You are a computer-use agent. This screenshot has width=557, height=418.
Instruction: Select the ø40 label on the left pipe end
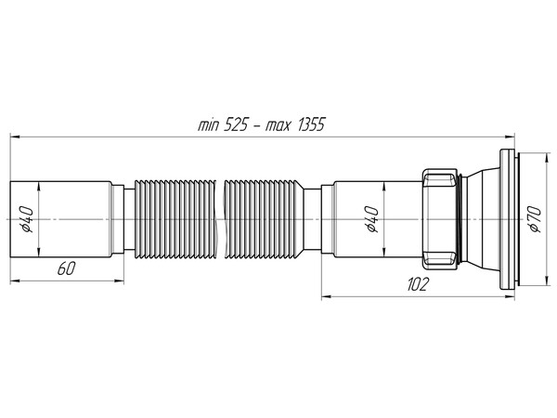tap(27, 221)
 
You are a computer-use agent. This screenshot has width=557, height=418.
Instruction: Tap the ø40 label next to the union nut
tap(372, 220)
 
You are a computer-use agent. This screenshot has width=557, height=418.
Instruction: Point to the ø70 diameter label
tap(532, 221)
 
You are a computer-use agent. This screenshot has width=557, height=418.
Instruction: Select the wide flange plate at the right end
tap(509, 220)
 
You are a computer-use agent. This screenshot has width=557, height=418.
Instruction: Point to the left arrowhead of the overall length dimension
tap(15, 137)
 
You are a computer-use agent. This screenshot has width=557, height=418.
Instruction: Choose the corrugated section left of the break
tap(176, 220)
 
